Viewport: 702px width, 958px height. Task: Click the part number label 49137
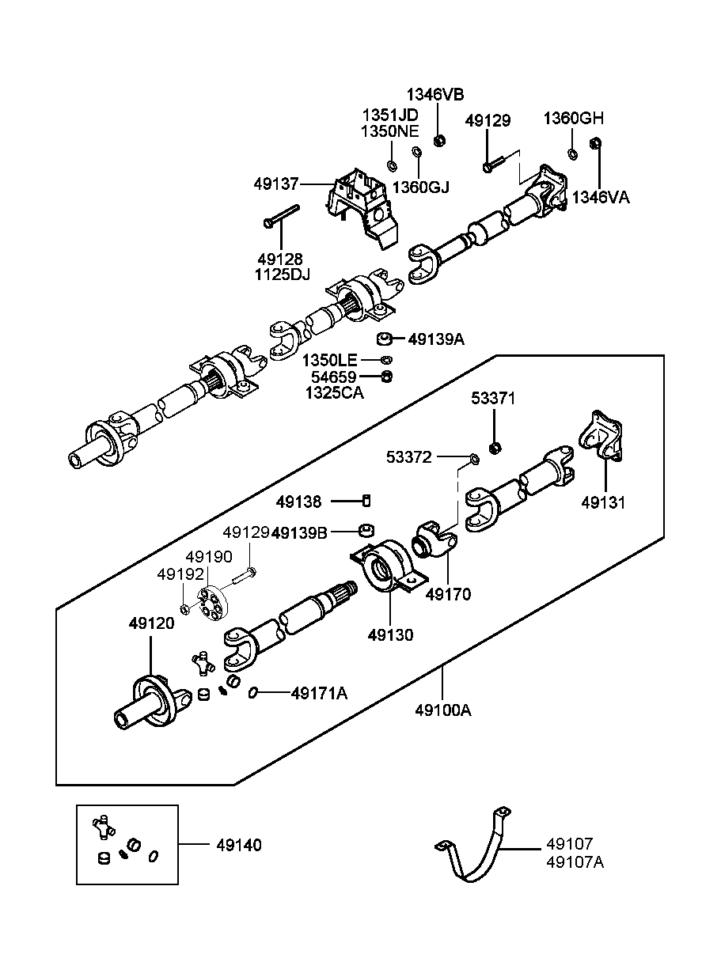[x=275, y=184]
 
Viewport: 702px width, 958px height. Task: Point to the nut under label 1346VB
[x=441, y=141]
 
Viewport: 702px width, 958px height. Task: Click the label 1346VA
[x=601, y=197]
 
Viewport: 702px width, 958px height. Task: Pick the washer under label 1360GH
[x=573, y=153]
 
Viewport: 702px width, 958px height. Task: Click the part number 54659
[x=333, y=377]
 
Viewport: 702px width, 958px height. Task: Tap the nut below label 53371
[x=494, y=448]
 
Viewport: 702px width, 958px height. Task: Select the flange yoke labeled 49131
[x=601, y=437]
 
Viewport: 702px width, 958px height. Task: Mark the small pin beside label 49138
[x=366, y=501]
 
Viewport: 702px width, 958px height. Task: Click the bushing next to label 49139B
[x=366, y=530]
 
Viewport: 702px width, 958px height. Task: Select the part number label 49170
[x=448, y=593]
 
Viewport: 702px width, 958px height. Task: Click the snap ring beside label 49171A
[x=252, y=694]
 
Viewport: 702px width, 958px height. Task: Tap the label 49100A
[x=442, y=710]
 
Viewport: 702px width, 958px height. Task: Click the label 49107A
[x=575, y=862]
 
